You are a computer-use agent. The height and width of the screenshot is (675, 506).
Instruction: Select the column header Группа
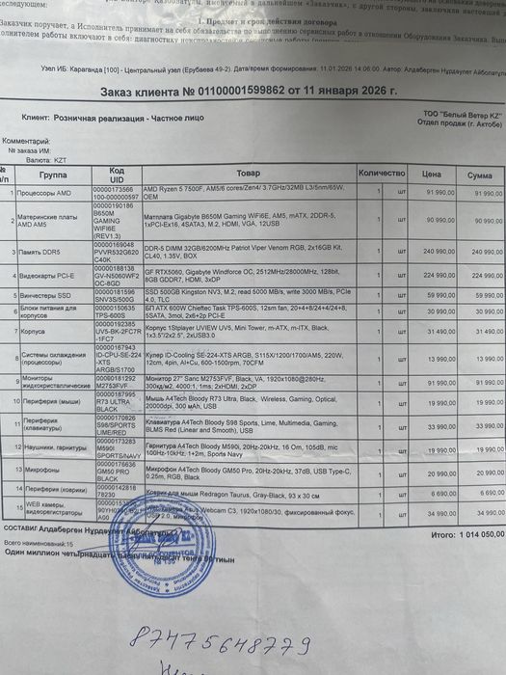[x=53, y=175]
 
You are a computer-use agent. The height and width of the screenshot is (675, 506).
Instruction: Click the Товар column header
[x=248, y=174]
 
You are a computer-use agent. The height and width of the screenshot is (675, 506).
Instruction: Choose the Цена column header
[x=432, y=174]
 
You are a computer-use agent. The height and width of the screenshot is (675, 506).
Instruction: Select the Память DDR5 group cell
[x=43, y=250]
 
